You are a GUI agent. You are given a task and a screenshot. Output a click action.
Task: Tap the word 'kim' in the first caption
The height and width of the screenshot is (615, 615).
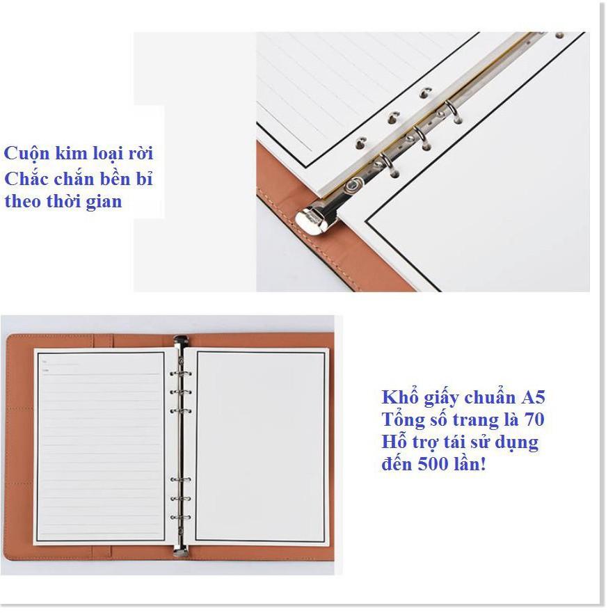(70, 152)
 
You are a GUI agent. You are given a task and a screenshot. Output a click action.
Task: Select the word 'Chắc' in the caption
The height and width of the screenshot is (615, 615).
(26, 178)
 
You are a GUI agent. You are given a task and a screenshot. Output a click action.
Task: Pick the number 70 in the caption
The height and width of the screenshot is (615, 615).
(534, 420)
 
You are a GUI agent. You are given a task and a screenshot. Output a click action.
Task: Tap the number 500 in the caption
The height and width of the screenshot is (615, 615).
(433, 464)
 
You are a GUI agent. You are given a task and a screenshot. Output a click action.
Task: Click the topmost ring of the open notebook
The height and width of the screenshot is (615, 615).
(181, 374)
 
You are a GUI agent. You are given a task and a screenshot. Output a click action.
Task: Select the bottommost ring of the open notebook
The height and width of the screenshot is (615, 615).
(181, 518)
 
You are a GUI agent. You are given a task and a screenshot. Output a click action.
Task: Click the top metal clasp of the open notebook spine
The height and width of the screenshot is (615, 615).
(181, 341)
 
